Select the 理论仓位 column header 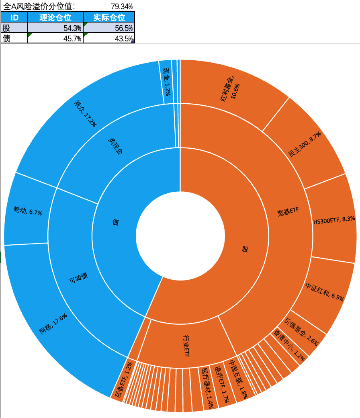pos(55,17)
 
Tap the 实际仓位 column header pos(109,17)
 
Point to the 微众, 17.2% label pos(85,113)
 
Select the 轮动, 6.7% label pos(28,211)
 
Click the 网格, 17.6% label pos(53,325)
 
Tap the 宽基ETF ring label pos(288,213)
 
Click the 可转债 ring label pos(79,278)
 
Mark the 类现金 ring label pos(115,146)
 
